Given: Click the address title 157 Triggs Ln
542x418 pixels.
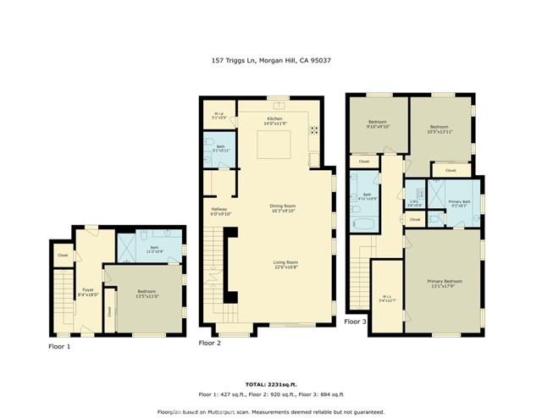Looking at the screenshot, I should click(270, 61).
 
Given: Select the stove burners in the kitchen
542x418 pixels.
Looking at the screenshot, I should click(314, 130).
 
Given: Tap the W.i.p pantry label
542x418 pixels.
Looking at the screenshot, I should click(218, 116).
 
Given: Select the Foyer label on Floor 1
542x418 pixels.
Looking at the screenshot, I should click(87, 291).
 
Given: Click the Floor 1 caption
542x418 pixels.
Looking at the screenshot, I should click(59, 347).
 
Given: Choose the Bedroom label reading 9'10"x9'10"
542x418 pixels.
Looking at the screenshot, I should click(378, 125).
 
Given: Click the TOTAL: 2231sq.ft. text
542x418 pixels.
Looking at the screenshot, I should click(270, 384).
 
